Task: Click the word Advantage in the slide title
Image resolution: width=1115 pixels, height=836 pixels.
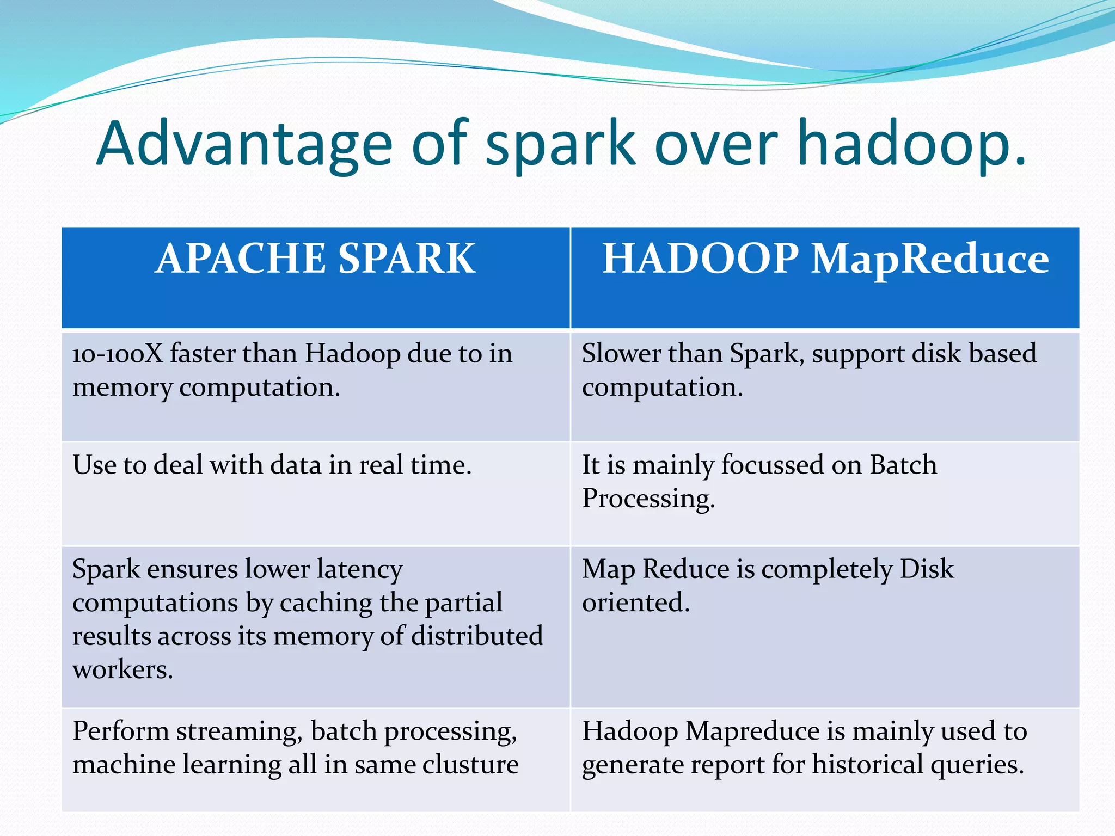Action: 244,144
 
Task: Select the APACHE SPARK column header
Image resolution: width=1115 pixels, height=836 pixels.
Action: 315,259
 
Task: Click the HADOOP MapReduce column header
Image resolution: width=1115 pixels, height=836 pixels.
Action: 825,259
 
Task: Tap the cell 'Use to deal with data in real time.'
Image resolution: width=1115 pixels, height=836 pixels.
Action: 272,465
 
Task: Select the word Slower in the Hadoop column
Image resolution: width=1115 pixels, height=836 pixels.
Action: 621,354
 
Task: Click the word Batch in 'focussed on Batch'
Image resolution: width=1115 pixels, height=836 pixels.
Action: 903,465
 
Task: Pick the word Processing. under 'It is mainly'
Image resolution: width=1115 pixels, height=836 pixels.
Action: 648,499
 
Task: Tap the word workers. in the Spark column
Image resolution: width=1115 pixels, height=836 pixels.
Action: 122,669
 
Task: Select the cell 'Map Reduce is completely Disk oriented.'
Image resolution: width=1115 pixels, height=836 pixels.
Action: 768,585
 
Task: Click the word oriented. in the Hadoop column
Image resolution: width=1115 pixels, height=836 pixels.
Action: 635,603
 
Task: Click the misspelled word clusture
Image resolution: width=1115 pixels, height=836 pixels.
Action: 470,765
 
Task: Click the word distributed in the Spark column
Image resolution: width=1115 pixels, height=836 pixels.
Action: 477,636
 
